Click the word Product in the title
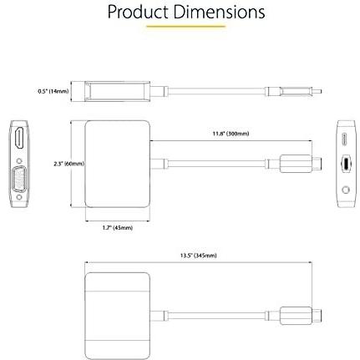pyautogui.click(x=138, y=13)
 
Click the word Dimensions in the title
pyautogui.click(x=220, y=12)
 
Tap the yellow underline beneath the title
pyautogui.click(x=186, y=27)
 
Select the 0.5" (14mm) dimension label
pyautogui.click(x=53, y=91)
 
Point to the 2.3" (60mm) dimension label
pyautogui.click(x=68, y=164)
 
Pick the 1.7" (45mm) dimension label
pyautogui.click(x=118, y=228)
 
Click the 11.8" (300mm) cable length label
pyautogui.click(x=231, y=134)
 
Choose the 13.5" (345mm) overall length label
pyautogui.click(x=198, y=256)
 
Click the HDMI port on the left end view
pyautogui.click(x=19, y=138)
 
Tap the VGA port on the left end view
pyautogui.click(x=19, y=180)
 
